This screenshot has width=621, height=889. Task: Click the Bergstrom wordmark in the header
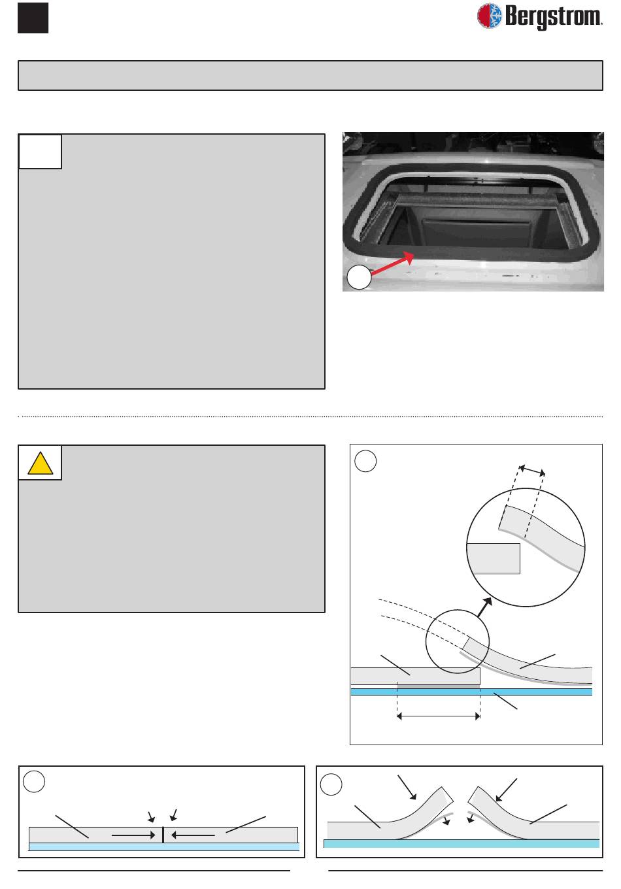pyautogui.click(x=554, y=17)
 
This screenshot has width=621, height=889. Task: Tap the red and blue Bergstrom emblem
pyautogui.click(x=489, y=16)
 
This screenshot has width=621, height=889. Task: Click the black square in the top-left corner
pyautogui.click(x=33, y=18)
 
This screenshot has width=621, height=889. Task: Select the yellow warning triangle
pyautogui.click(x=40, y=463)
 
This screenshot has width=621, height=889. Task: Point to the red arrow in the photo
pyautogui.click(x=393, y=263)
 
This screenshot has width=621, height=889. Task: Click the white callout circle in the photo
pyautogui.click(x=359, y=277)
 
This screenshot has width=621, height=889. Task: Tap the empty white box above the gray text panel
pyautogui.click(x=40, y=152)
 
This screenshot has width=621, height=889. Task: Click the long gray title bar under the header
pyautogui.click(x=310, y=75)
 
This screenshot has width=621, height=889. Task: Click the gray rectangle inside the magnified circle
pyautogui.click(x=494, y=558)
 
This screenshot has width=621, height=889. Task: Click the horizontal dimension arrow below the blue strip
pyautogui.click(x=439, y=716)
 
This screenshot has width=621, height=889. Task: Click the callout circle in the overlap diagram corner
pyautogui.click(x=365, y=461)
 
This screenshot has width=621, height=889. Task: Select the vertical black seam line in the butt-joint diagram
pyautogui.click(x=163, y=835)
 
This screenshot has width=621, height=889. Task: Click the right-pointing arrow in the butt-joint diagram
pyautogui.click(x=133, y=835)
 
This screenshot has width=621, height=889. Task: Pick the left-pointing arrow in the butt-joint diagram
pyautogui.click(x=193, y=835)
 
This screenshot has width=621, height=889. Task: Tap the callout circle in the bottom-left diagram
pyautogui.click(x=34, y=781)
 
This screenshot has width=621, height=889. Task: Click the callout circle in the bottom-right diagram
pyautogui.click(x=331, y=784)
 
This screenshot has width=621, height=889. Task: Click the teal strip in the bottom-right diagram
pyautogui.click(x=462, y=843)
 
